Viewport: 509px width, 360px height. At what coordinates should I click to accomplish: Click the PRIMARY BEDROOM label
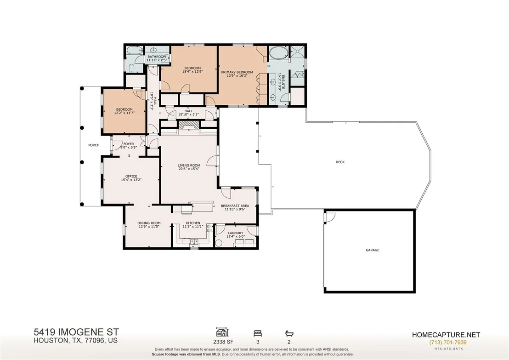[x=237, y=72]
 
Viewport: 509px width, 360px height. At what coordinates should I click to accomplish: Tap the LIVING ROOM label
[x=189, y=166]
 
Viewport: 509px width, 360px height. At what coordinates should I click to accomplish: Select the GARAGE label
[x=373, y=250]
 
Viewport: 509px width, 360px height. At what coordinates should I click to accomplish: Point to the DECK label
[x=340, y=162]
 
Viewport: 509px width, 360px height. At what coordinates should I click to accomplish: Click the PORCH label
[x=94, y=145]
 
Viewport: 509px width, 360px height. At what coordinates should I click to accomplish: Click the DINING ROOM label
[x=149, y=223]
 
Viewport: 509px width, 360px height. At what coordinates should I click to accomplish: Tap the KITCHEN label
[x=193, y=223]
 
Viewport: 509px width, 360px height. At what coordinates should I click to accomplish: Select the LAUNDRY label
[x=236, y=233]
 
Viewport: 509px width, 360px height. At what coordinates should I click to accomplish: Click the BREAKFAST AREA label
[x=235, y=206]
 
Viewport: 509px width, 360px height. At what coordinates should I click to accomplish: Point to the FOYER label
[x=129, y=144]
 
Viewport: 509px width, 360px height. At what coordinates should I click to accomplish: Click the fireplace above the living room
[x=189, y=125]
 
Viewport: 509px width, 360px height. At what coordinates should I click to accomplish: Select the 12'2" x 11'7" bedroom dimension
[x=124, y=113]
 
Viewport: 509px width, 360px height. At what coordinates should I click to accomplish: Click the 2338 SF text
[x=223, y=342]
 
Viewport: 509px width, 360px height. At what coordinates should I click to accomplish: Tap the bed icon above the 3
[x=258, y=333]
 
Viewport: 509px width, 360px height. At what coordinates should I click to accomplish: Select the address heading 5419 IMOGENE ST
[x=76, y=332]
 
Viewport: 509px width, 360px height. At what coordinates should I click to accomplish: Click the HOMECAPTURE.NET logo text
[x=446, y=335]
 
